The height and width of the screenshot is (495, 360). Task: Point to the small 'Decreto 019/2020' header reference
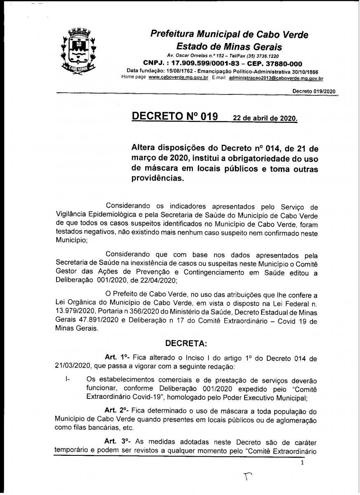pos(314,91)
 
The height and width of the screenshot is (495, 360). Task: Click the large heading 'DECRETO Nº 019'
pos(174,116)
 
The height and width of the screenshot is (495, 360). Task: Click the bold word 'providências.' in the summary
pos(157,178)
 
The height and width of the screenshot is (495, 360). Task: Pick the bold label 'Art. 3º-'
pos(116,440)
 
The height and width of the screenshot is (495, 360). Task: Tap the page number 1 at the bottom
pos(302,463)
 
